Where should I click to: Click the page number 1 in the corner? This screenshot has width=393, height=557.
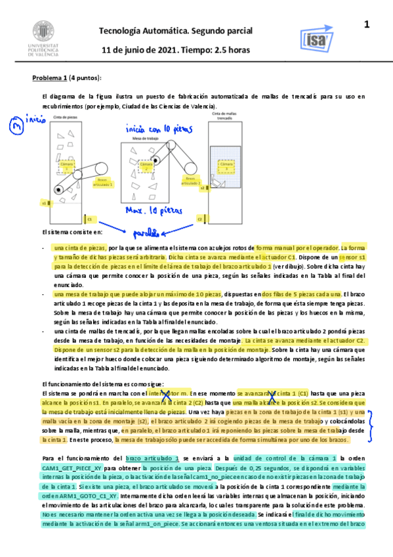(x=367, y=25)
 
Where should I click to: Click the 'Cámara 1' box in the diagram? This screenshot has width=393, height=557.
(x=64, y=167)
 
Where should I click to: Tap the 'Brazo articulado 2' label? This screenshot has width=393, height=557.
(x=190, y=179)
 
